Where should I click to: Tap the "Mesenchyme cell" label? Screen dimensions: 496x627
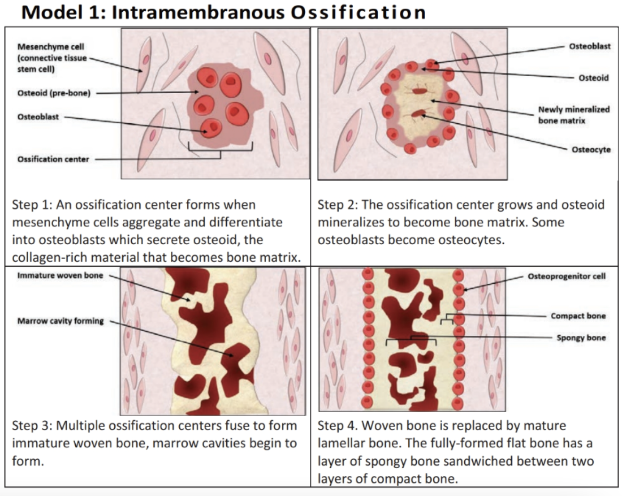click(51, 47)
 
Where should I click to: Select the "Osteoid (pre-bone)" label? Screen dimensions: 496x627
click(54, 93)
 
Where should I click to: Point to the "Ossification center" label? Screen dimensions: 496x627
click(53, 159)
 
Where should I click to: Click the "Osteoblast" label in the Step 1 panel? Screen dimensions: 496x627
click(38, 117)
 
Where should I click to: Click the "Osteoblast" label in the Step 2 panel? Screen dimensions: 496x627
click(590, 46)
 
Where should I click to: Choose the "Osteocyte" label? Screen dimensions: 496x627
click(591, 150)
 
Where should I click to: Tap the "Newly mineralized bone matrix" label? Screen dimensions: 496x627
click(573, 115)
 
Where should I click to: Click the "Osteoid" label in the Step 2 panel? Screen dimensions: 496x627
click(593, 78)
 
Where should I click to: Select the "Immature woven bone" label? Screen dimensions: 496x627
click(60, 275)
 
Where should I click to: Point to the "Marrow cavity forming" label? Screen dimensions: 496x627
click(61, 321)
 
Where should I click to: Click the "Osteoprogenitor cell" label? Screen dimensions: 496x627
click(566, 276)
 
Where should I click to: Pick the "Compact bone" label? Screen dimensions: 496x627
click(578, 316)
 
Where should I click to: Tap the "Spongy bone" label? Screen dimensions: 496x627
click(581, 337)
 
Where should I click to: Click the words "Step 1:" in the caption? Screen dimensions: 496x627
click(32, 205)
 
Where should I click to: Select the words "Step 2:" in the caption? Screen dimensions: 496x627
click(337, 205)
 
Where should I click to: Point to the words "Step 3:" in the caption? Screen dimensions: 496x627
click(32, 426)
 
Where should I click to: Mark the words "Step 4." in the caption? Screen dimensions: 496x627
click(337, 426)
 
